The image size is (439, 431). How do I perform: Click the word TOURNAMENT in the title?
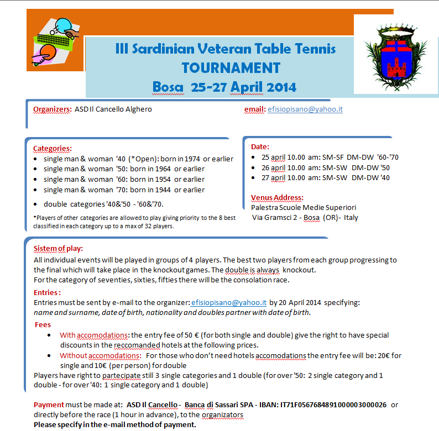click(x=231, y=68)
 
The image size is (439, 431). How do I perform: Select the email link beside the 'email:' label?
click(x=305, y=109)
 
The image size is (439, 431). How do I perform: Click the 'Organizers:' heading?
click(x=53, y=109)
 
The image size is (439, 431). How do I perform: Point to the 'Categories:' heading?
click(x=52, y=148)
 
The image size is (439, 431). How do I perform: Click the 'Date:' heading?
click(x=260, y=147)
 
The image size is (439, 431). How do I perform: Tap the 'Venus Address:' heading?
click(x=277, y=197)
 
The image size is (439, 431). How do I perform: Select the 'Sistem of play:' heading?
click(x=58, y=248)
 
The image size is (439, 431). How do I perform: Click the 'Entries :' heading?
click(x=47, y=292)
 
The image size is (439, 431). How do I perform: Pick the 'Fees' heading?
click(x=43, y=324)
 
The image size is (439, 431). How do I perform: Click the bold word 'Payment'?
click(x=49, y=404)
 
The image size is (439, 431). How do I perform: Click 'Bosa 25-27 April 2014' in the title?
click(x=224, y=87)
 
